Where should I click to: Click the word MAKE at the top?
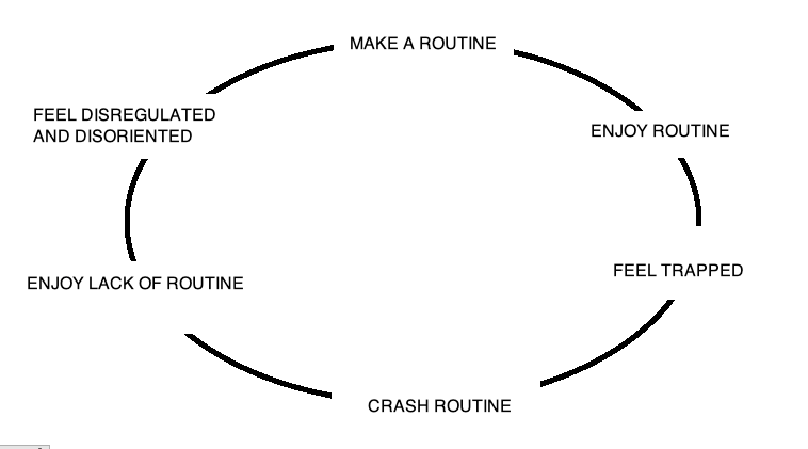coord(374,43)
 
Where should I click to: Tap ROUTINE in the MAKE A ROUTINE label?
coord(457,43)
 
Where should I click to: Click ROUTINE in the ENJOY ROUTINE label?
coord(691,131)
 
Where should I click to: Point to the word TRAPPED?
coord(702,270)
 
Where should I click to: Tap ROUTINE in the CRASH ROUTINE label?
coord(473,406)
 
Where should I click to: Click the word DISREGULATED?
coord(148,115)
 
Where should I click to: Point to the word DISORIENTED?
coord(133,136)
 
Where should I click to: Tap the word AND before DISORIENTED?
coord(51,136)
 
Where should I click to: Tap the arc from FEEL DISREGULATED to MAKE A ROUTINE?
coord(267,65)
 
